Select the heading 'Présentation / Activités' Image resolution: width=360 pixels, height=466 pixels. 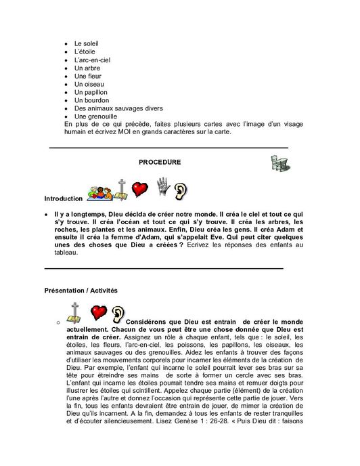click(81, 290)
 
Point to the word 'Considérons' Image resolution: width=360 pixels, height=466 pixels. click(151, 319)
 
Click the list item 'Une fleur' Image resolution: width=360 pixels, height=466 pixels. click(89, 76)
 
